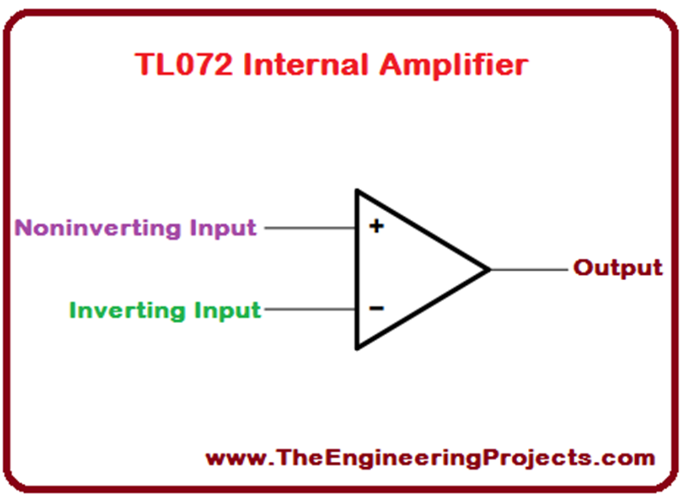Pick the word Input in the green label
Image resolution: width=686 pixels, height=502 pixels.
pos(227,310)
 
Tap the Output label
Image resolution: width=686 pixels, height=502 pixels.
pos(618,268)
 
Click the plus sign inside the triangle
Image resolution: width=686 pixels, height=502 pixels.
pos(376,227)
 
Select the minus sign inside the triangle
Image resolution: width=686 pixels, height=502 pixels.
pos(376,308)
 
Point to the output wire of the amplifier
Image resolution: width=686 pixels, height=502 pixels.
pos(529,269)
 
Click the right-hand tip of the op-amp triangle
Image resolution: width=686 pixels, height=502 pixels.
pos(488,269)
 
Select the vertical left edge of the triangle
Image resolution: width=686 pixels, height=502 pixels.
pos(357,268)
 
